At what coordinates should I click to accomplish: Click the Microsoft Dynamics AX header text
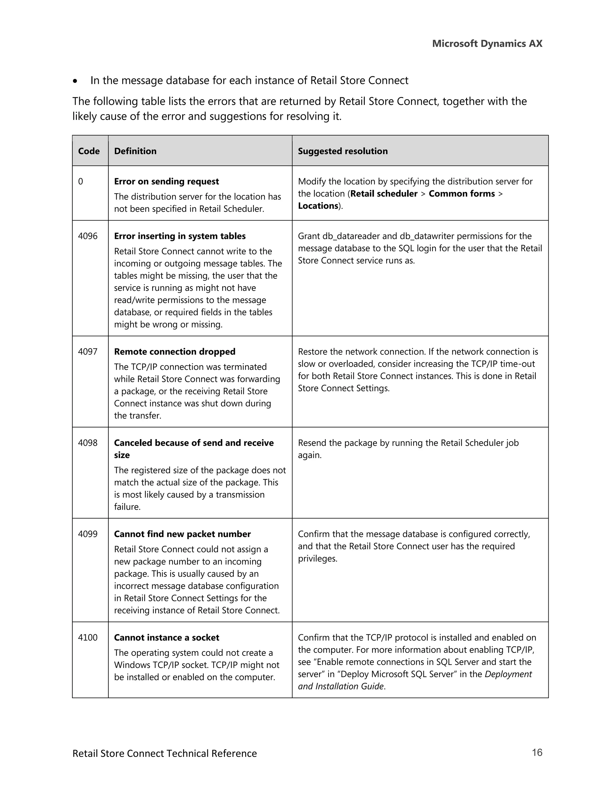click(487, 44)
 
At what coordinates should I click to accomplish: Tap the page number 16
click(537, 752)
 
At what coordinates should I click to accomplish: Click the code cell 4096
click(88, 236)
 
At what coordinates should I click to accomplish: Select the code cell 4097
click(88, 352)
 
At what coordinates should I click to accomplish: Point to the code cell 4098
click(88, 443)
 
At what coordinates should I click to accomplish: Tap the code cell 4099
click(88, 534)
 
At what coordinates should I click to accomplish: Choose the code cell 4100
click(88, 637)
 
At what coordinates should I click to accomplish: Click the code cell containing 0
click(80, 181)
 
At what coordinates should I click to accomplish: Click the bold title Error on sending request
click(166, 181)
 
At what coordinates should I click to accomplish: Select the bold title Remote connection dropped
click(174, 352)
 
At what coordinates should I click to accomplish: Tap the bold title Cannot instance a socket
click(166, 637)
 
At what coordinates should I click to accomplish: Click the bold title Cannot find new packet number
click(182, 534)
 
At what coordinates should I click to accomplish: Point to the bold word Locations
click(318, 206)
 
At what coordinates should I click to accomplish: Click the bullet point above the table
click(75, 81)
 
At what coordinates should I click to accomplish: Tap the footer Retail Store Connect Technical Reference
click(164, 753)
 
